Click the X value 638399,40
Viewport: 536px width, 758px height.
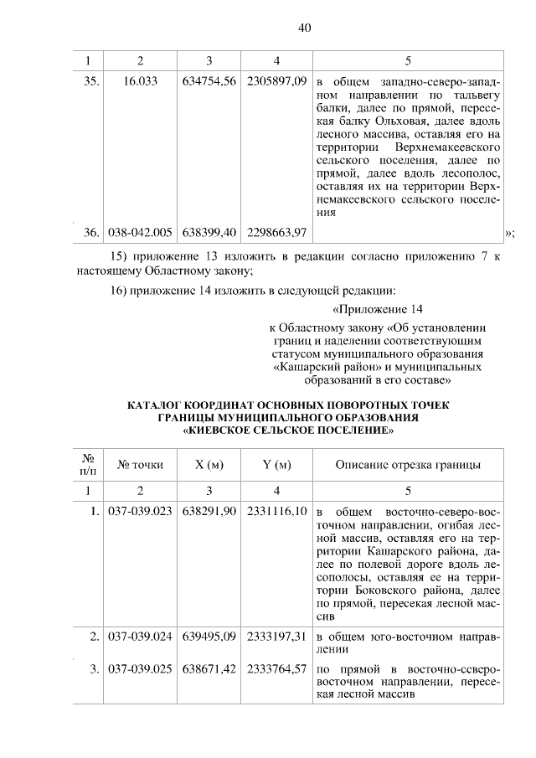click(x=209, y=231)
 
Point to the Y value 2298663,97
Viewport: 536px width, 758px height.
click(x=276, y=231)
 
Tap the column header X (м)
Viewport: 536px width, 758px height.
click(x=209, y=465)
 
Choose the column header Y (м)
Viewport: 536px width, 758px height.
click(x=276, y=465)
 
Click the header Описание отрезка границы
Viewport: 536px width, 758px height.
click(x=408, y=465)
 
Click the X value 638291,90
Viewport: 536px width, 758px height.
click(x=209, y=511)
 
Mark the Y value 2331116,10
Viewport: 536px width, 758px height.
click(x=276, y=511)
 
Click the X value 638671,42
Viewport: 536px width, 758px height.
click(x=209, y=670)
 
